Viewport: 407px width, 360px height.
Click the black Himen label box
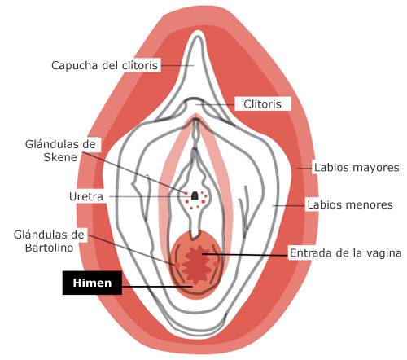92,283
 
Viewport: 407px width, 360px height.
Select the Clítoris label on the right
262,104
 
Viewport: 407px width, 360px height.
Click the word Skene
60,157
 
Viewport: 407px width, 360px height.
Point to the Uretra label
86,196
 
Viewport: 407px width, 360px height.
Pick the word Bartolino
49,248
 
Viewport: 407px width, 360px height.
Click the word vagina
384,253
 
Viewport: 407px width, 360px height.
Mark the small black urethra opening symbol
195,195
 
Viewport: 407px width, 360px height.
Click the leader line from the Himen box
157,286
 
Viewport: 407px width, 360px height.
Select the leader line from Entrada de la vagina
245,254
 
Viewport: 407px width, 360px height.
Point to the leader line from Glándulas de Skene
134,173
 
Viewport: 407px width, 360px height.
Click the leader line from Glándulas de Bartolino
132,249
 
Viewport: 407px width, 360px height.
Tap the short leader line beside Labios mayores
304,168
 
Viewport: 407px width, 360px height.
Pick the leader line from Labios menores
289,205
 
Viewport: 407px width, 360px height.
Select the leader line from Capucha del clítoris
177,65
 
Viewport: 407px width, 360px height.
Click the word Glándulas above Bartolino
49,235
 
